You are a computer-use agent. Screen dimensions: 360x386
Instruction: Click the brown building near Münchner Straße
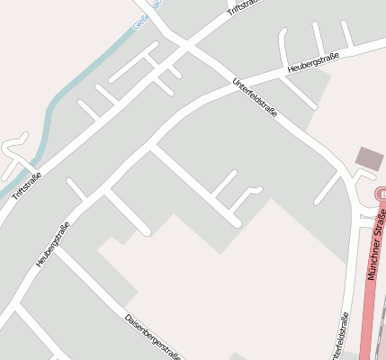click(369, 159)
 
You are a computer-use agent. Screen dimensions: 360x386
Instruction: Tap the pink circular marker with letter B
click(380, 195)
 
